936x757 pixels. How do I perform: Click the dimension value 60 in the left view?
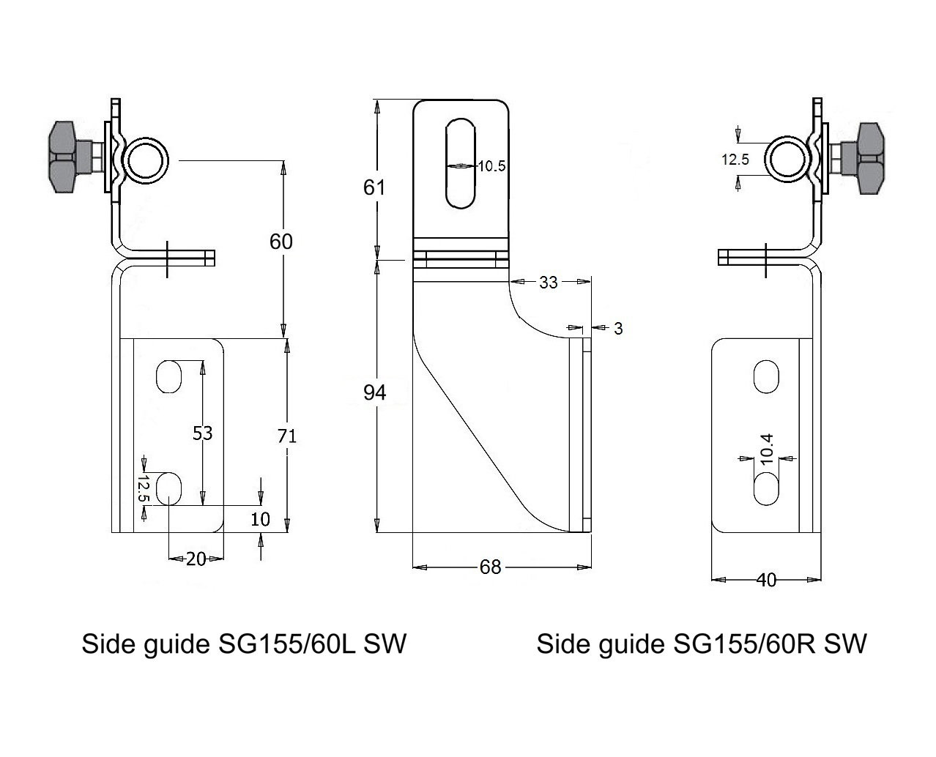[x=281, y=242]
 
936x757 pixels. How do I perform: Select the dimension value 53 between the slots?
[x=202, y=433]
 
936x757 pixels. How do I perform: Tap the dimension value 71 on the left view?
[x=287, y=436]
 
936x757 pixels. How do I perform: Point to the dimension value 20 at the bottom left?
[x=196, y=559]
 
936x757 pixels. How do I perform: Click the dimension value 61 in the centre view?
[x=374, y=188]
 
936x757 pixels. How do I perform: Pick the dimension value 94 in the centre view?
[x=375, y=393]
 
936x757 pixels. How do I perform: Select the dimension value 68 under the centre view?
[x=490, y=567]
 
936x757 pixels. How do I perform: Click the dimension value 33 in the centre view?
[x=548, y=282]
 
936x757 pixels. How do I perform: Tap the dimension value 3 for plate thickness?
[x=618, y=329]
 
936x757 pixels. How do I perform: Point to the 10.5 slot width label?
[x=491, y=166]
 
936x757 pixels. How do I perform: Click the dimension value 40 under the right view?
[x=766, y=581]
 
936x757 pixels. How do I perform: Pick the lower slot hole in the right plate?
[x=767, y=488]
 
